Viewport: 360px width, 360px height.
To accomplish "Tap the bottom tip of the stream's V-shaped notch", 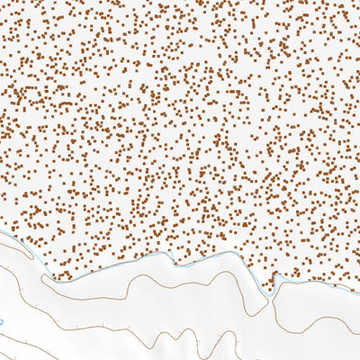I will click(x=272, y=292).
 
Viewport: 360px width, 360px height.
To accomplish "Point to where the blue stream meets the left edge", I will click(x=2, y=233).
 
